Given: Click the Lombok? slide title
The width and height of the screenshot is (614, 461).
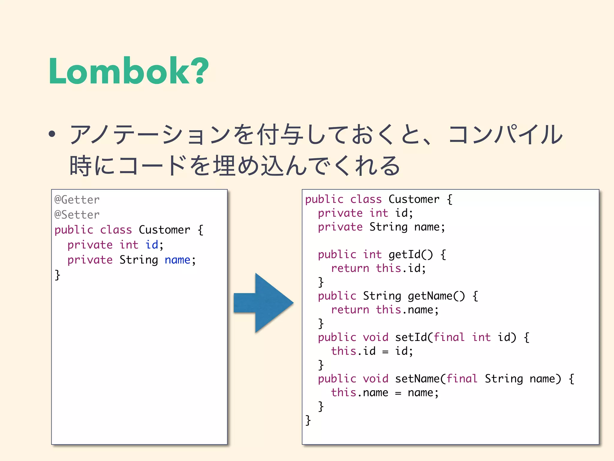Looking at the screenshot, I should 128,71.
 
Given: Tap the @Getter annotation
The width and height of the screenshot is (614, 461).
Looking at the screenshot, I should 77,200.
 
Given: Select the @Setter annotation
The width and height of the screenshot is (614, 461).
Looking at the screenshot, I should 77,215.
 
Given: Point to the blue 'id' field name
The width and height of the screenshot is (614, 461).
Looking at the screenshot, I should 152,245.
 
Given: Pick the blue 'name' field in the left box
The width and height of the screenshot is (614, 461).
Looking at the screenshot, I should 177,260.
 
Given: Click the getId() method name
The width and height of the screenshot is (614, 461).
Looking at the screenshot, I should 411,255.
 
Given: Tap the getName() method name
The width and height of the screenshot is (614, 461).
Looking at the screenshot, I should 436,296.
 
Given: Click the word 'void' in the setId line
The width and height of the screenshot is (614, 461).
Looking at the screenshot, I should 376,337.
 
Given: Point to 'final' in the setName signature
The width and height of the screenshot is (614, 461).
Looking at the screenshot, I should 462,379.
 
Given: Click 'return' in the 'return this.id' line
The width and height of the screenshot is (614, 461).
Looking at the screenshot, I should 350,268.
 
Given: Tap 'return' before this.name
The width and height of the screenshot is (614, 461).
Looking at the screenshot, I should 350,310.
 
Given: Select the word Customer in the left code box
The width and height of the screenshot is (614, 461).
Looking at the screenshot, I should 165,230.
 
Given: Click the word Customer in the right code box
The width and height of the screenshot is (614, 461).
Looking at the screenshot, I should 414,199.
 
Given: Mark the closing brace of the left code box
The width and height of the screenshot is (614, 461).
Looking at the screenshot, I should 57,275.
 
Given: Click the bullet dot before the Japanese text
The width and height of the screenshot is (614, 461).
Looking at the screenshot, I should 52,134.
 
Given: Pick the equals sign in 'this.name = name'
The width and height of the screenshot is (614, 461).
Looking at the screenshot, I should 398,393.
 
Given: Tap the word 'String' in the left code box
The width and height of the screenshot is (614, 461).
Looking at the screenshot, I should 139,260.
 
